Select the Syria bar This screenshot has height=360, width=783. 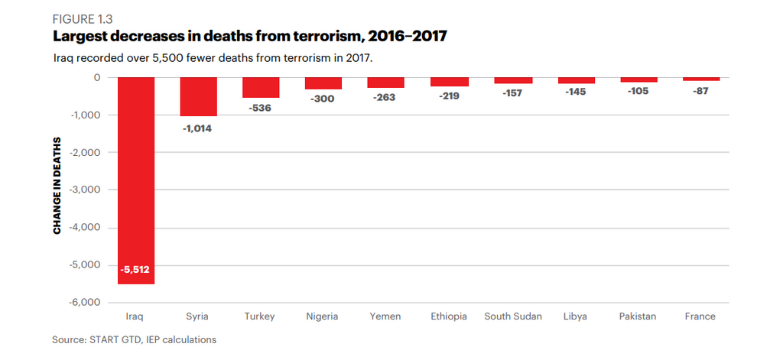198,96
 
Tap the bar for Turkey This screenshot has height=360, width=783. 261,87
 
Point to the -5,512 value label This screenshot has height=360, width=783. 136,269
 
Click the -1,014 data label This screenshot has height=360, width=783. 198,128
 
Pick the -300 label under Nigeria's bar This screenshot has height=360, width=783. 323,99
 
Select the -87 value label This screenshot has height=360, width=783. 700,91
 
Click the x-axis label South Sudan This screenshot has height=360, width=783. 513,316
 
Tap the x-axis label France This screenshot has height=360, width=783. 700,316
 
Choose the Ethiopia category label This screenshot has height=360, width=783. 449,316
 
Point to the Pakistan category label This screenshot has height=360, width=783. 638,316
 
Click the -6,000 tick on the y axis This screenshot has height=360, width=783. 86,303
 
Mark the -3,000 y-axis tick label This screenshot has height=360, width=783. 86,190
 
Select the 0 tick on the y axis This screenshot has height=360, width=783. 97,77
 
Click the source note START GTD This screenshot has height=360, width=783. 134,339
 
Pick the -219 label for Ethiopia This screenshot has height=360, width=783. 449,97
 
